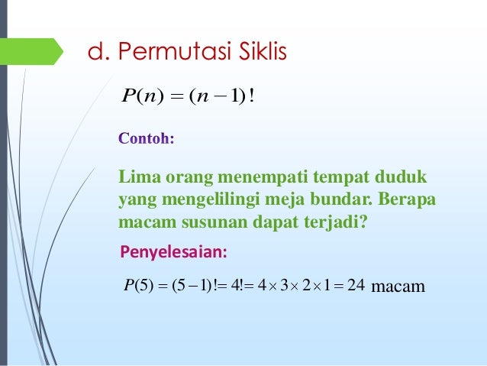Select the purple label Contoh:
(x=147, y=139)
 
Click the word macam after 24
(x=397, y=287)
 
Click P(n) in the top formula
(x=139, y=97)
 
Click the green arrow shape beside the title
(x=38, y=51)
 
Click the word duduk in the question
(x=401, y=178)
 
